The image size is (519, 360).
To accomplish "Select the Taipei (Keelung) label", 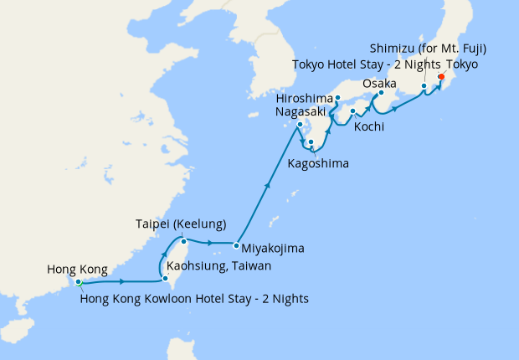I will pyautogui.click(x=182, y=224).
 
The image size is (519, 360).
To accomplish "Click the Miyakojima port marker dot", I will pyautogui.click(x=236, y=245).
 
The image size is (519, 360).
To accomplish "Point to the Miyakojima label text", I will pyautogui.click(x=273, y=249).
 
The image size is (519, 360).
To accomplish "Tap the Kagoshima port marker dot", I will pyautogui.click(x=311, y=142).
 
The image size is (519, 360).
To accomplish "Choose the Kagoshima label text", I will pyautogui.click(x=318, y=162).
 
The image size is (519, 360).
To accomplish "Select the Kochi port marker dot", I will pyautogui.click(x=353, y=111).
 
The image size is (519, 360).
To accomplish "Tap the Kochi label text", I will pyautogui.click(x=369, y=127).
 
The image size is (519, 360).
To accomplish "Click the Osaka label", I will pyautogui.click(x=380, y=84).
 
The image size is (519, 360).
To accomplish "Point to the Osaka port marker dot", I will pyautogui.click(x=381, y=93).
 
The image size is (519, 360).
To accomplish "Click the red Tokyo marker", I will pyautogui.click(x=441, y=82).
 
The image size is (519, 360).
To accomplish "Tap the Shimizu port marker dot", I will pyautogui.click(x=424, y=86).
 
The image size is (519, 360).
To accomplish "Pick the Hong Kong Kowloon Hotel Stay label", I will pyautogui.click(x=195, y=298).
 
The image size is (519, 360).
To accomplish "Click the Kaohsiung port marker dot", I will pyautogui.click(x=166, y=268).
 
